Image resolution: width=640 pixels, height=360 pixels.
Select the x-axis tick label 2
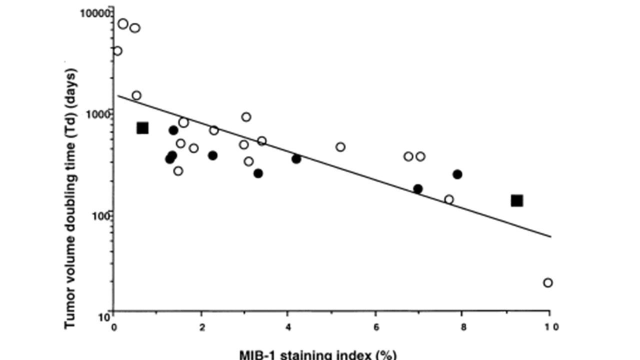(x=201, y=327)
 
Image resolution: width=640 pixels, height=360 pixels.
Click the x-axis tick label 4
(x=287, y=327)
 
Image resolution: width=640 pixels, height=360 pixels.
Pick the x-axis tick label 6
(x=375, y=327)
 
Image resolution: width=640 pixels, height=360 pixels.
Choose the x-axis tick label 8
(x=461, y=327)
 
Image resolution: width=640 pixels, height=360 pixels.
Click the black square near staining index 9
(x=517, y=200)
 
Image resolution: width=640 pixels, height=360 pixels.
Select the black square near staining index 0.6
(x=142, y=128)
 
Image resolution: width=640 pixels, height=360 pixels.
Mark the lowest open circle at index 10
(x=547, y=282)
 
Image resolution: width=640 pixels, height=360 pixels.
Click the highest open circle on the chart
(x=123, y=23)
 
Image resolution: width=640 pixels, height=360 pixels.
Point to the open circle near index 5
(x=340, y=147)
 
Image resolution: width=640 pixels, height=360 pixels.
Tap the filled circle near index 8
(x=457, y=174)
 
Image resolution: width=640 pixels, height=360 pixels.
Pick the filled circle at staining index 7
(x=418, y=189)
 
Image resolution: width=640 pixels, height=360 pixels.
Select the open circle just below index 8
(x=449, y=199)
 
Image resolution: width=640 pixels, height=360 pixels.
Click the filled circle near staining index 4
(x=296, y=159)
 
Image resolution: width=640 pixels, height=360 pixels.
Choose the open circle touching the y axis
(x=117, y=51)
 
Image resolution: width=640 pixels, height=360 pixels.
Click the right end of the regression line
(x=550, y=236)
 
